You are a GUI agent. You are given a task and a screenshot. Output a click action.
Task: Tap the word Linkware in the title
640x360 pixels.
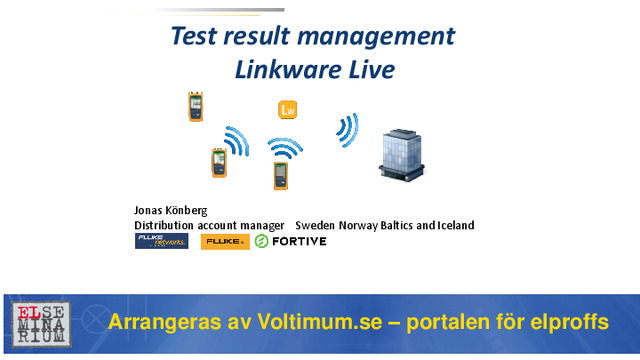point(284,70)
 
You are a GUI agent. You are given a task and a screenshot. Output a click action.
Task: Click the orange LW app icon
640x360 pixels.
point(288,109)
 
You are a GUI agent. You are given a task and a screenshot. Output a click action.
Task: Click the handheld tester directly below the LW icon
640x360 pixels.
point(281,174)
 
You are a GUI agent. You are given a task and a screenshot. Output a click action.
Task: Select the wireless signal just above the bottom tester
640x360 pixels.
point(284,148)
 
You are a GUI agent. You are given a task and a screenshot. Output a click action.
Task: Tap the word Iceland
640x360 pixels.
point(453,225)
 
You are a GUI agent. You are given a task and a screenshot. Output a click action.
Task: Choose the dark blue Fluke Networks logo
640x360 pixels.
point(161,241)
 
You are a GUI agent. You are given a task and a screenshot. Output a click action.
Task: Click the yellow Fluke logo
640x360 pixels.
point(225,241)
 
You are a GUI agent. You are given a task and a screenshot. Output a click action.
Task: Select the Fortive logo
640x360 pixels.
point(291,241)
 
